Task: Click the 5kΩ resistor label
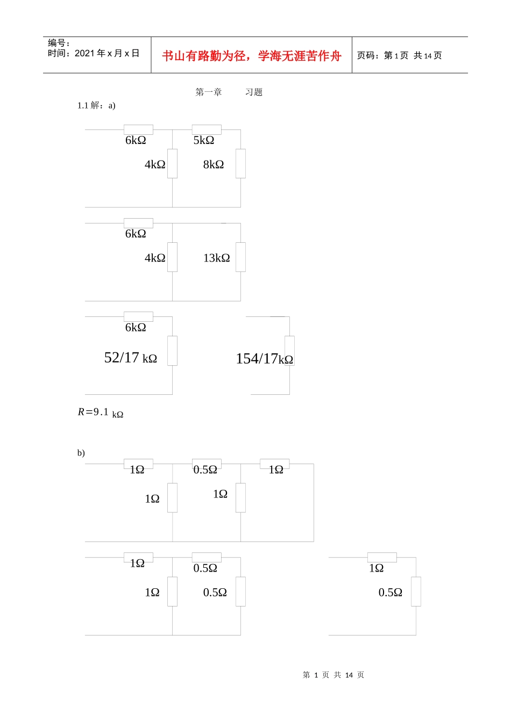pyautogui.click(x=204, y=140)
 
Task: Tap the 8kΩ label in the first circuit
pyautogui.click(x=214, y=164)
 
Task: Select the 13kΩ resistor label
pyautogui.click(x=217, y=258)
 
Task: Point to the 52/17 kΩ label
pyautogui.click(x=130, y=358)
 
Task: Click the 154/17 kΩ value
pyautogui.click(x=265, y=359)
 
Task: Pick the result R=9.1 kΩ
pyautogui.click(x=101, y=413)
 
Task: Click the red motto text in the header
pyautogui.click(x=251, y=56)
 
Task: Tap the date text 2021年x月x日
pyautogui.click(x=93, y=53)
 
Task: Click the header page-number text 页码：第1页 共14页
pyautogui.click(x=399, y=55)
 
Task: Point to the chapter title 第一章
pyautogui.click(x=209, y=92)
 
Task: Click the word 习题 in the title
pyautogui.click(x=254, y=92)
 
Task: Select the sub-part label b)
pyautogui.click(x=81, y=453)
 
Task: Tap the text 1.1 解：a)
pyautogui.click(x=96, y=105)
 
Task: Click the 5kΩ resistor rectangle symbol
pyautogui.click(x=207, y=129)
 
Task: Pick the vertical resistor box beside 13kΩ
pyautogui.click(x=240, y=257)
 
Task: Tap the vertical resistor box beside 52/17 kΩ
pyautogui.click(x=172, y=351)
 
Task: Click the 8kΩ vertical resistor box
pyautogui.click(x=240, y=163)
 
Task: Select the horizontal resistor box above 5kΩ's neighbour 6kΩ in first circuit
pyautogui.click(x=138, y=129)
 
